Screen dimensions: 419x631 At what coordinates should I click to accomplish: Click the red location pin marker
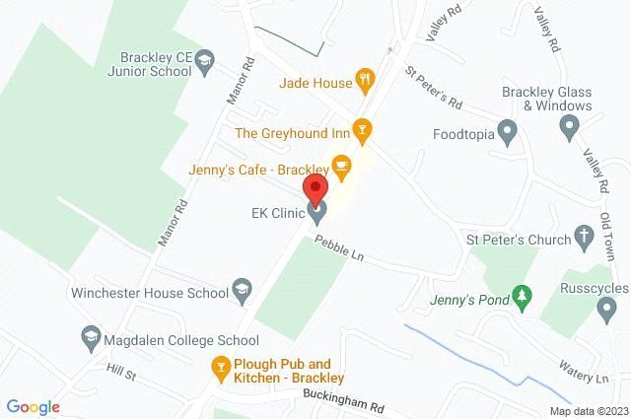click(x=316, y=189)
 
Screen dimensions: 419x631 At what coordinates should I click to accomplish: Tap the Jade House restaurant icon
click(x=365, y=82)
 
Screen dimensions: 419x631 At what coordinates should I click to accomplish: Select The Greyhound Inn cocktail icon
click(x=363, y=129)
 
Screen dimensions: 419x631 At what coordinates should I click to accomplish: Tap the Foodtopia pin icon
click(x=508, y=130)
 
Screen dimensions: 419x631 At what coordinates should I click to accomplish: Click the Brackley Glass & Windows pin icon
click(x=568, y=126)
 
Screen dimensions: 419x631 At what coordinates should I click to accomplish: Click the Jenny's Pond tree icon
click(x=523, y=294)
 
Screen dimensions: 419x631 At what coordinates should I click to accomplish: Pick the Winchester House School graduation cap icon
click(x=240, y=290)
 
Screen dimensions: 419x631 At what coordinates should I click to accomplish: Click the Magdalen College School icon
click(x=92, y=336)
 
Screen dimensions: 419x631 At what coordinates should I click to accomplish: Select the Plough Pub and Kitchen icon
click(x=222, y=370)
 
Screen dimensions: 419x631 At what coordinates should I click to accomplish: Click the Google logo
click(x=34, y=406)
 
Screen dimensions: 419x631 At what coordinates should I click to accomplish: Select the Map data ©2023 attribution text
click(x=588, y=410)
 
